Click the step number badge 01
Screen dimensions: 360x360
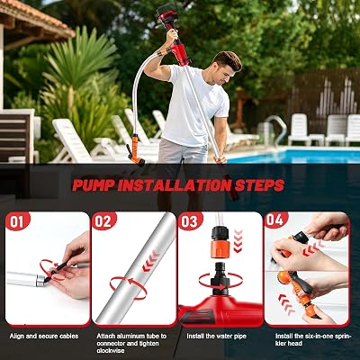17,221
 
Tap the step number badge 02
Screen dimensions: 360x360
103,221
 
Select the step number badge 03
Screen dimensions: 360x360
190,221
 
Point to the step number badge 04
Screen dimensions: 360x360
276,220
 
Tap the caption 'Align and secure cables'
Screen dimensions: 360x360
44,336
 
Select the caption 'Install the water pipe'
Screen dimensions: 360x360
216,336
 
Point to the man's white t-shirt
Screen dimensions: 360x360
195,105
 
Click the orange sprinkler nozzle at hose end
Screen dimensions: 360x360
136,150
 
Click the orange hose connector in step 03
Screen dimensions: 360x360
220,247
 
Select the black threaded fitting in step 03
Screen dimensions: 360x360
220,277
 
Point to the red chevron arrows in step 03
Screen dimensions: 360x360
238,240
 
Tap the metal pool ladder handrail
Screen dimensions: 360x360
278,129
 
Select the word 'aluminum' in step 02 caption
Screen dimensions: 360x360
134,336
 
